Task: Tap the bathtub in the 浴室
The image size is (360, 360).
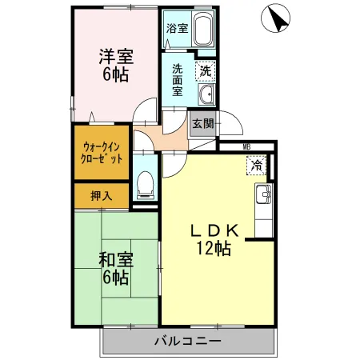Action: (x=203, y=29)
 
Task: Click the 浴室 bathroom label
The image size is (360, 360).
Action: (x=177, y=29)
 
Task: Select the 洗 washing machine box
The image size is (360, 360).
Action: (x=206, y=71)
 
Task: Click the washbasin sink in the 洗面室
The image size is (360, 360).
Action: (x=206, y=94)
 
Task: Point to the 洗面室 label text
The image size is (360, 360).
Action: (x=178, y=80)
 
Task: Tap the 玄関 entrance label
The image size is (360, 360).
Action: (x=203, y=123)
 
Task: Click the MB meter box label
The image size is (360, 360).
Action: (x=246, y=146)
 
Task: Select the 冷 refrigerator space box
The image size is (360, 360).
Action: (x=257, y=166)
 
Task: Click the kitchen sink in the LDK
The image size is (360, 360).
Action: (x=264, y=194)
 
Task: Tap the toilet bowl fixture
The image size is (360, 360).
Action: (x=146, y=185)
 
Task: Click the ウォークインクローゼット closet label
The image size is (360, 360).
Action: (x=102, y=153)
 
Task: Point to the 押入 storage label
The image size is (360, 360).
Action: (x=102, y=196)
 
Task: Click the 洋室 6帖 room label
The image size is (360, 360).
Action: (x=116, y=65)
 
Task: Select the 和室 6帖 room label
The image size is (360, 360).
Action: (x=116, y=269)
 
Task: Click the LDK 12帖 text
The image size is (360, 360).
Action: (x=214, y=239)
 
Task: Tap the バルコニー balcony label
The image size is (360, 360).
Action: (x=188, y=341)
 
